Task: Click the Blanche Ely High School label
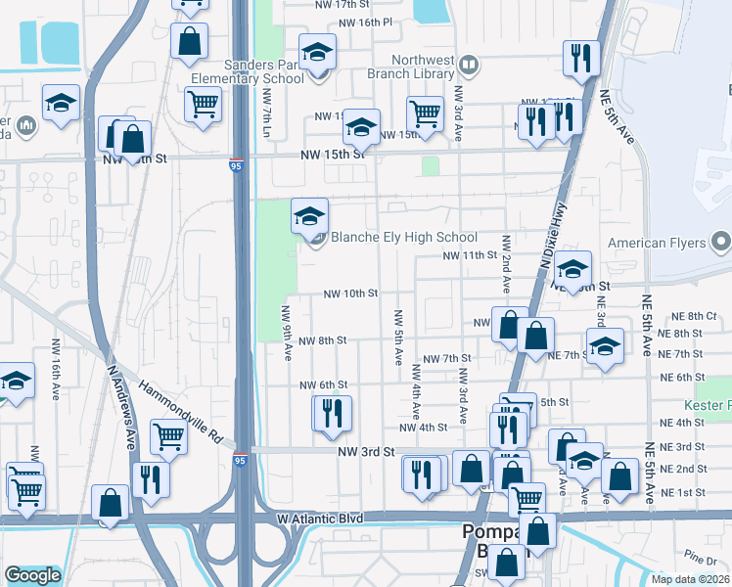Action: coord(403,237)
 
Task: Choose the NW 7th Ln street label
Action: coord(266,113)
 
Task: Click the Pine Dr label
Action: coord(700,558)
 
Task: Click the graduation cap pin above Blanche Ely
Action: coord(309,215)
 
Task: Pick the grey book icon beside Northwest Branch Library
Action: coord(469,67)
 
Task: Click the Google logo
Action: coord(32,576)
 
